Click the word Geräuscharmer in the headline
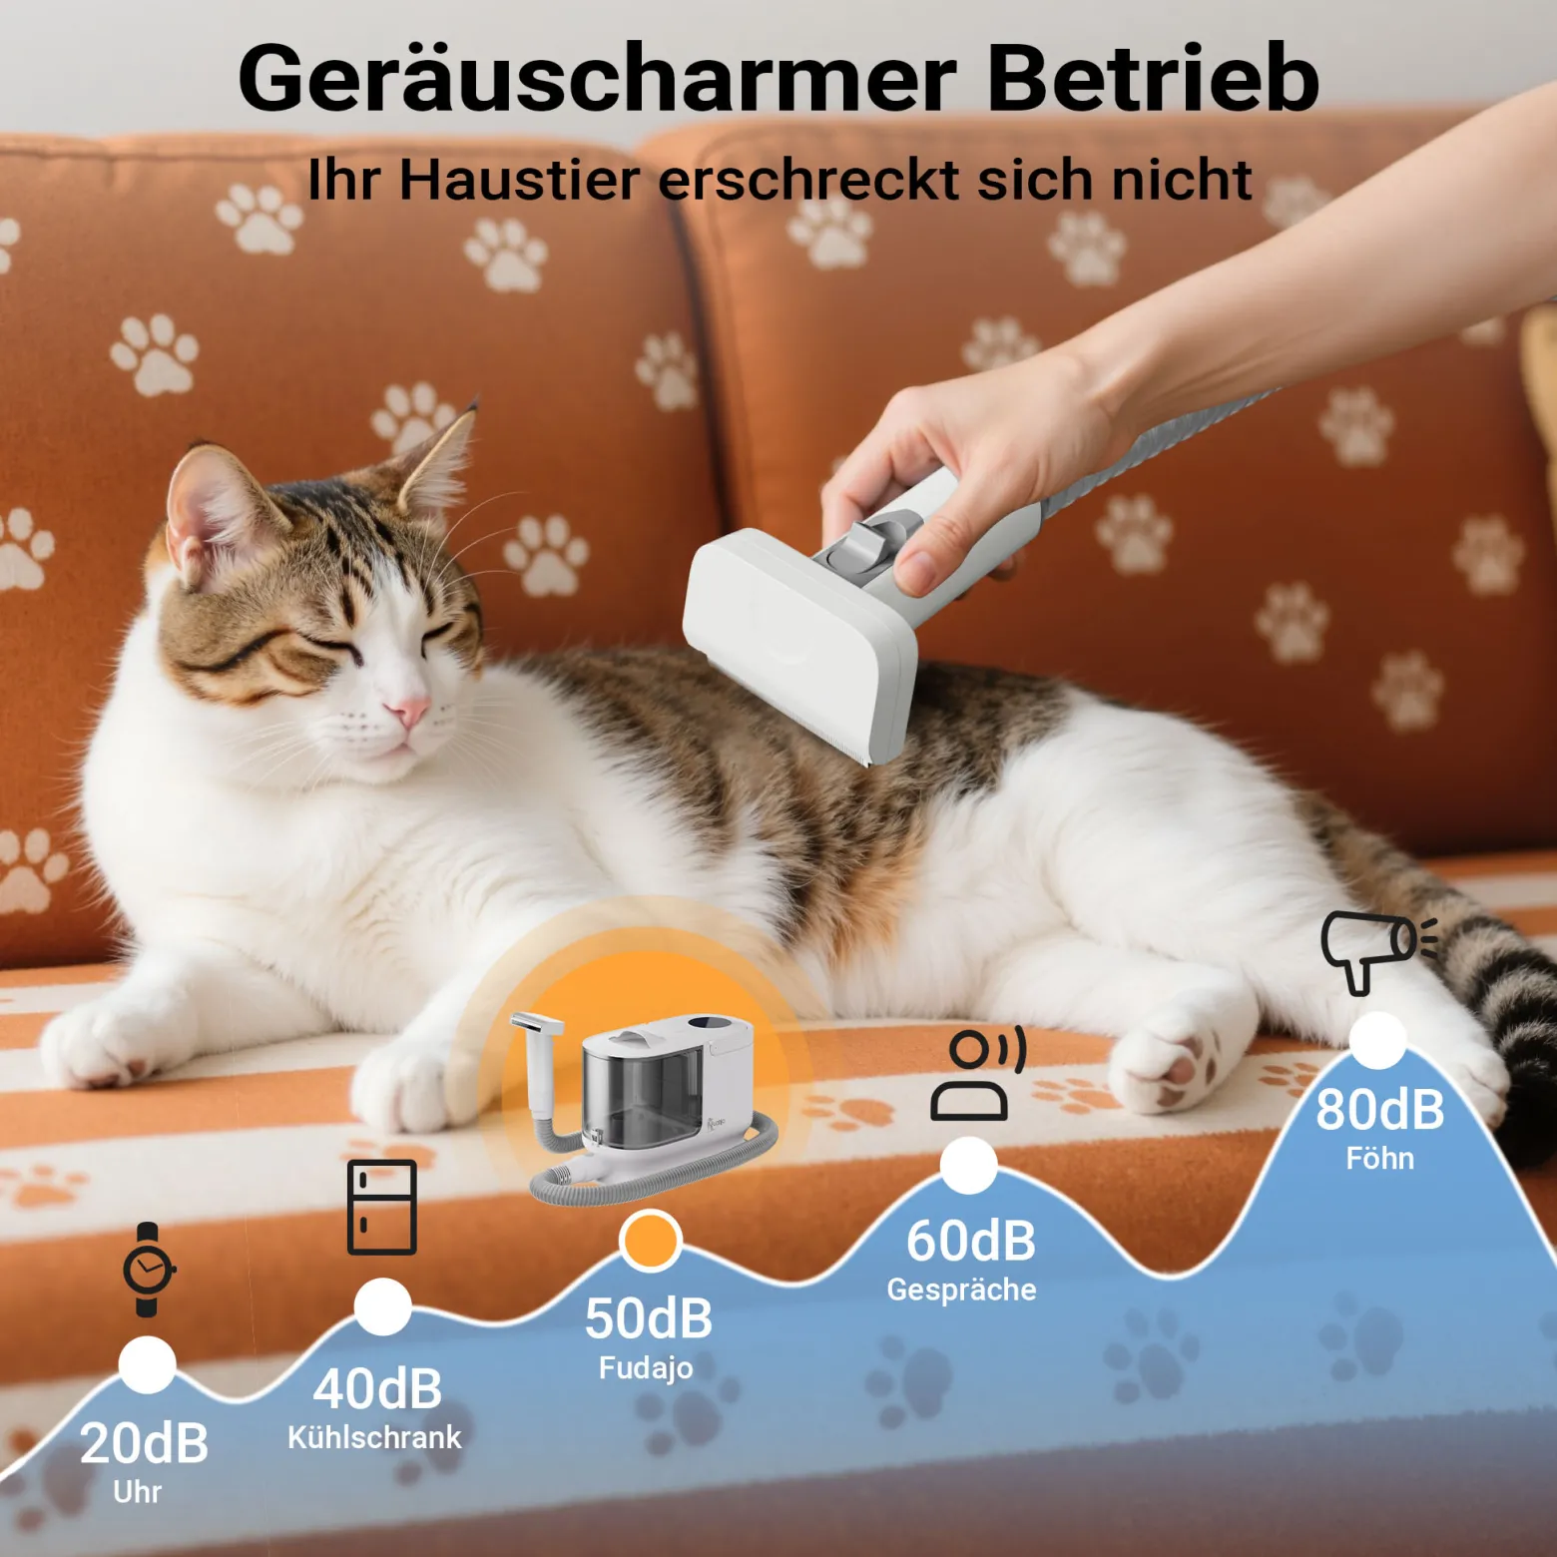[598, 78]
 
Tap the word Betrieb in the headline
[1154, 78]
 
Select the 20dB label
[144, 1443]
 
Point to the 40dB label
[377, 1388]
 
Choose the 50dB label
[649, 1318]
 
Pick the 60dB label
[971, 1241]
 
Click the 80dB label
[1380, 1109]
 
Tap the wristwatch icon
[148, 1270]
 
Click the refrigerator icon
[382, 1207]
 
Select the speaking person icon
[977, 1073]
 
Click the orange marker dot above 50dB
[650, 1241]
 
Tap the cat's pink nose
[408, 712]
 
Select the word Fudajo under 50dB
[646, 1367]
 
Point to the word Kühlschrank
[374, 1437]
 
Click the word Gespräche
[961, 1290]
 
